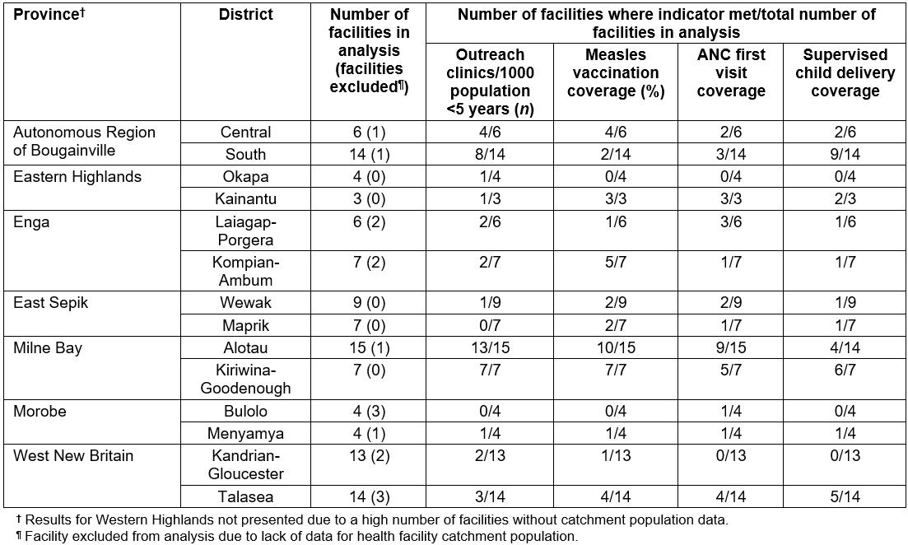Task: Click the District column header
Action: click(245, 15)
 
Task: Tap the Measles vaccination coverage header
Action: click(616, 73)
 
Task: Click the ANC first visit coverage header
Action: click(731, 73)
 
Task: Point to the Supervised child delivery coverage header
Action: click(845, 73)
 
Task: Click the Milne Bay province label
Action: click(48, 348)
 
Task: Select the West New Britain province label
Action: click(73, 455)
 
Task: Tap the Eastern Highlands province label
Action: click(77, 177)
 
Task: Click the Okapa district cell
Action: click(245, 177)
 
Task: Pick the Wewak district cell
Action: click(245, 303)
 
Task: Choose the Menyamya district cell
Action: click(245, 433)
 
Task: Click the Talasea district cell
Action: click(245, 496)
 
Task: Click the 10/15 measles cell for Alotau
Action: click(616, 348)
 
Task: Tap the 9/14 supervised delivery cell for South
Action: click(845, 154)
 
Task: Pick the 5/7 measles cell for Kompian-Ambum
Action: click(616, 263)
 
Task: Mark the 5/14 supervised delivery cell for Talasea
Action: click(845, 496)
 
